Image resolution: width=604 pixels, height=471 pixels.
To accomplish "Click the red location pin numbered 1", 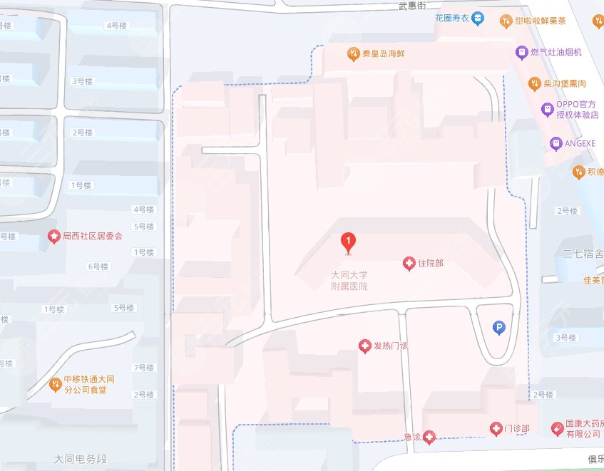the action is pos(348,242).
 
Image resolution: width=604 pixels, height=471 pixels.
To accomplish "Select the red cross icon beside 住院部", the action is pos(409,264).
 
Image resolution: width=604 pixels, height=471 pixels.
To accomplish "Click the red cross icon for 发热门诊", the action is pos(365,346).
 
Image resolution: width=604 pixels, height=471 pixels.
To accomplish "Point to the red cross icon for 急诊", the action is pos(429,436).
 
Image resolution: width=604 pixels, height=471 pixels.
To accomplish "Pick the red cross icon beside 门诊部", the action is pos(496,428).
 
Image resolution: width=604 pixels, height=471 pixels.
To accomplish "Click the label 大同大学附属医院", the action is pos(349,280).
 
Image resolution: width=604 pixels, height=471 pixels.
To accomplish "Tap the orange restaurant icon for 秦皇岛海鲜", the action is pos(353,53).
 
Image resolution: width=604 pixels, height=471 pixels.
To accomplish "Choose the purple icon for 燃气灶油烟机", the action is pos(522,53).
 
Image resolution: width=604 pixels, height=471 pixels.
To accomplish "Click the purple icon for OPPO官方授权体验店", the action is pos(547,109).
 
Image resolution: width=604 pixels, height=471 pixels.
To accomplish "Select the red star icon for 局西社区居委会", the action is pos(53,236).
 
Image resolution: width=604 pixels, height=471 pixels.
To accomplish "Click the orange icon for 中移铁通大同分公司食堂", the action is pos(55,385).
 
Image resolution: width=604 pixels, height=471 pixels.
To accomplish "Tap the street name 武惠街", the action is pos(411,6).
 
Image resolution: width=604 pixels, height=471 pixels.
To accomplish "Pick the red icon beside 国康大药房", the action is pos(558,428).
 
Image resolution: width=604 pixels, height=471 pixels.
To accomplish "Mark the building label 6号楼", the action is pos(97,266).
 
